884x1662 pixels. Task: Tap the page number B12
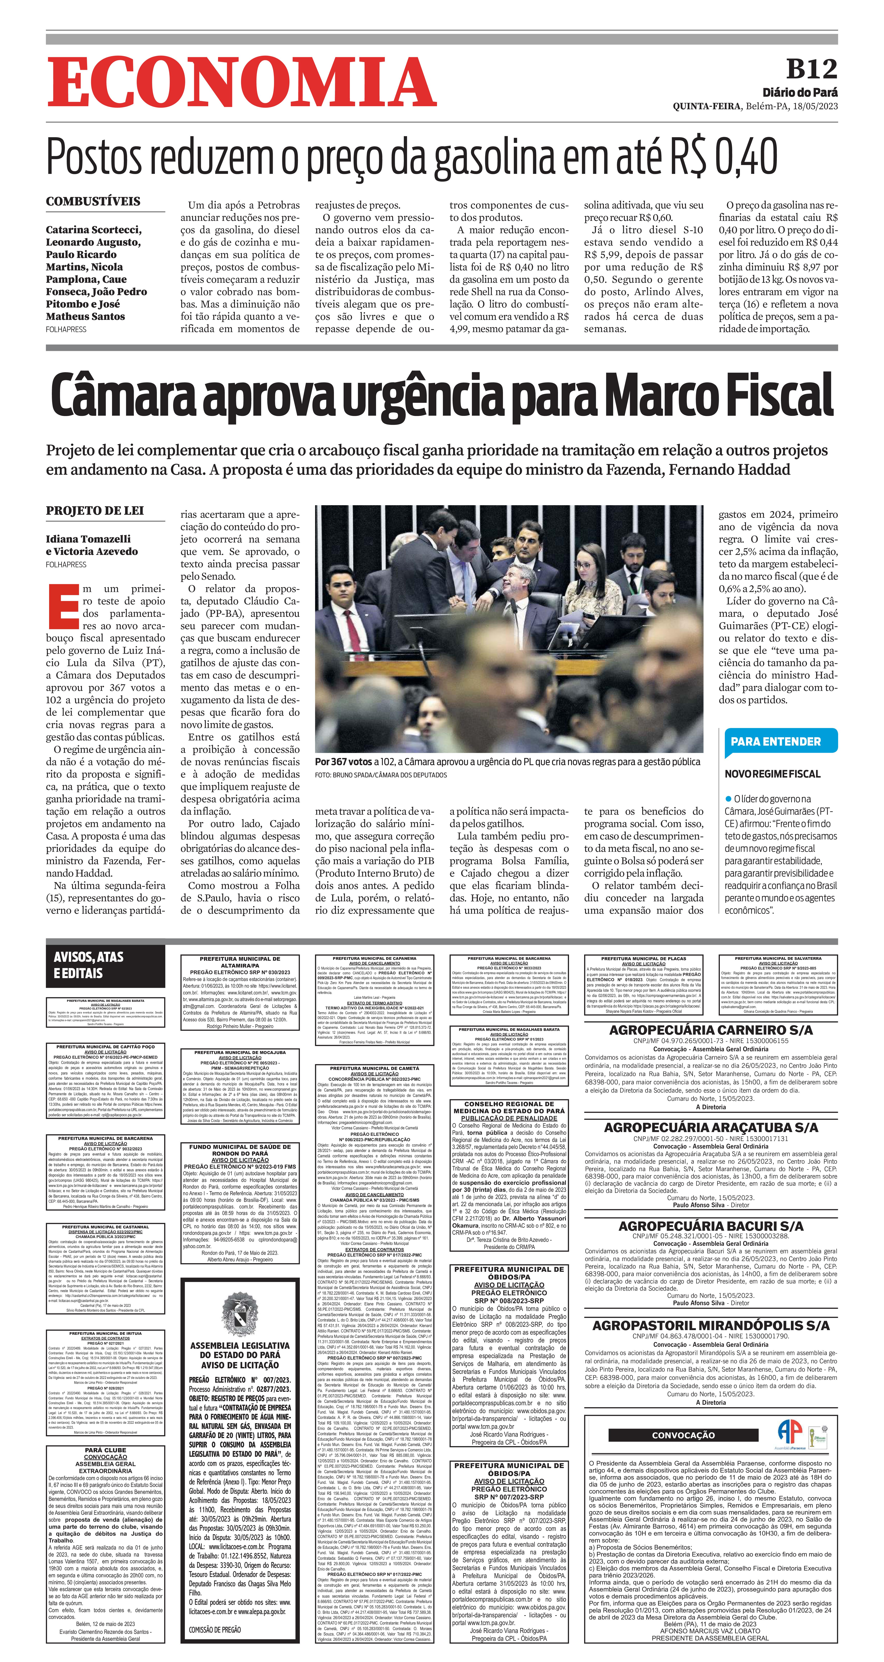pyautogui.click(x=811, y=69)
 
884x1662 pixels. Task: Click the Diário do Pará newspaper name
pyautogui.click(x=800, y=92)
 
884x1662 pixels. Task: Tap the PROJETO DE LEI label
pyautogui.click(x=94, y=510)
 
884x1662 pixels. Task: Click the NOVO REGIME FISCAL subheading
pyautogui.click(x=772, y=774)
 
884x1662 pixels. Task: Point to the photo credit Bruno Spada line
pyautogui.click(x=380, y=775)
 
